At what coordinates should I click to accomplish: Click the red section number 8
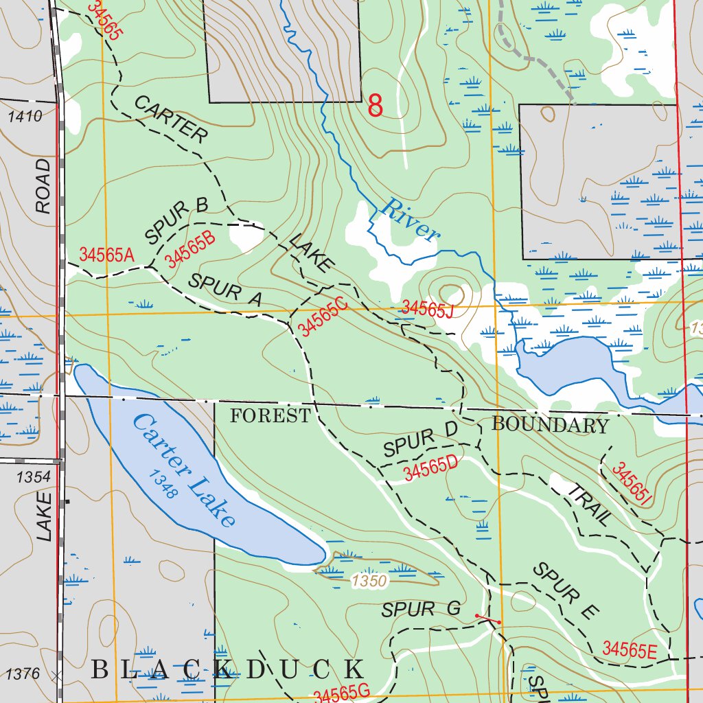click(375, 106)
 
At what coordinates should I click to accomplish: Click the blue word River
click(410, 220)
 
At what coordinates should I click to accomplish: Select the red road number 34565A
click(106, 254)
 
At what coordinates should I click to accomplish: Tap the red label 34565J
click(428, 309)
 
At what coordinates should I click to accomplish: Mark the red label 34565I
click(631, 485)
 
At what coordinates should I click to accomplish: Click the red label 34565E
click(629, 649)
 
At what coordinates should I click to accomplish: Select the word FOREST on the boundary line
click(270, 415)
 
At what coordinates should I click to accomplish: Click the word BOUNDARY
click(550, 425)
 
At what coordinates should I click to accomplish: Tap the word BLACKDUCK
click(228, 669)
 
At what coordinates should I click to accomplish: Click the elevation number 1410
click(25, 116)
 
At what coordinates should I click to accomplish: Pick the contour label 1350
click(370, 581)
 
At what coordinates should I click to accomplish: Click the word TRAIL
click(588, 503)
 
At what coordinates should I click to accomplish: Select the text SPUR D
click(420, 443)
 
